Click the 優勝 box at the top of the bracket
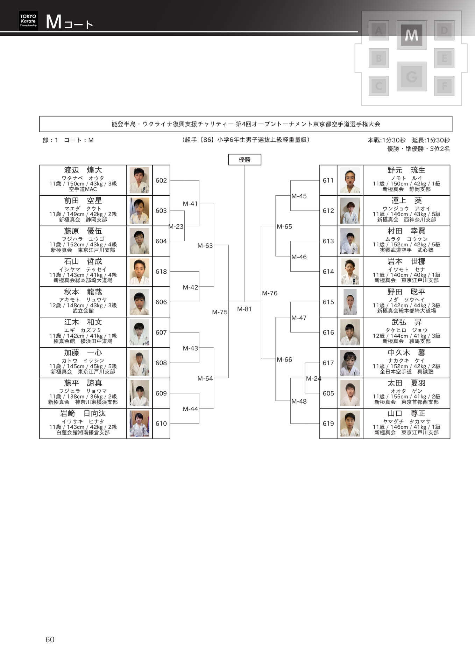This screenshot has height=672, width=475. click(x=244, y=160)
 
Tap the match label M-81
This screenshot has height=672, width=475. click(x=244, y=309)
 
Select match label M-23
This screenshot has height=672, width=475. click(x=176, y=226)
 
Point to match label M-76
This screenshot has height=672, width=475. click(x=270, y=293)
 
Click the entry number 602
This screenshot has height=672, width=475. click(x=161, y=181)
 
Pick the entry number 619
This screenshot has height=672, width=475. click(x=328, y=423)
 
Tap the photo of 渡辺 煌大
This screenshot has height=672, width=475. click(x=139, y=180)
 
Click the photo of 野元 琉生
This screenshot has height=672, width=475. click(x=350, y=180)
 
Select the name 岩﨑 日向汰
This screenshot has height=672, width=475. click(x=83, y=413)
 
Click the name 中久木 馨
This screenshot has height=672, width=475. click(x=406, y=352)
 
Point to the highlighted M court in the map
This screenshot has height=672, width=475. click(x=411, y=35)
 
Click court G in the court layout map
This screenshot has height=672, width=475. click(x=411, y=76)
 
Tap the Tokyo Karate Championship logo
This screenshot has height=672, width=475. click(x=28, y=21)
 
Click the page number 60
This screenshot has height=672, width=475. click(x=50, y=639)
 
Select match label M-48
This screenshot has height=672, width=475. click(x=299, y=401)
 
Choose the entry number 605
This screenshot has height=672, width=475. click(x=328, y=393)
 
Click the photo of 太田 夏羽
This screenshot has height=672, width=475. click(x=350, y=393)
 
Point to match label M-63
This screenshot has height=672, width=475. click(x=205, y=246)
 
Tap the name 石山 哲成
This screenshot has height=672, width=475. click(x=83, y=261)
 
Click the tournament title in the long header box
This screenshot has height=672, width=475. click(x=246, y=124)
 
